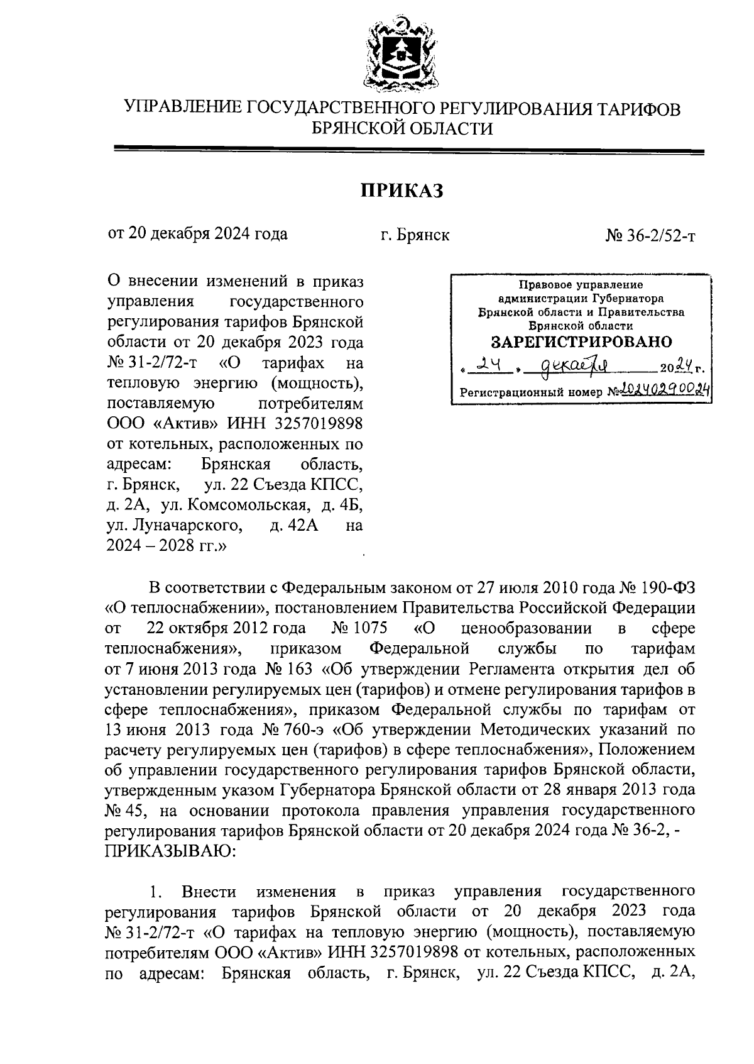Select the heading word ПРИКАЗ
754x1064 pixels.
coord(402,190)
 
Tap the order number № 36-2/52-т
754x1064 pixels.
coord(650,236)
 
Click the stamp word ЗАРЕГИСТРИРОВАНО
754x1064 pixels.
coord(581,343)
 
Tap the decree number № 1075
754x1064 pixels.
coord(358,628)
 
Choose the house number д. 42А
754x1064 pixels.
coord(294,525)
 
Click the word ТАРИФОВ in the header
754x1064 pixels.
coord(638,109)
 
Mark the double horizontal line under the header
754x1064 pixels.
coord(408,150)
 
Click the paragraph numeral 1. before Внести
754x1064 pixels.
coord(157,892)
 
